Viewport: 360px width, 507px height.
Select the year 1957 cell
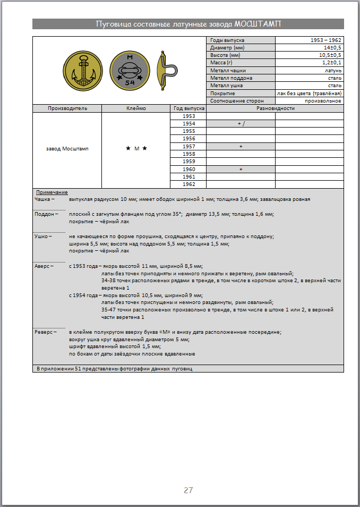(x=188, y=146)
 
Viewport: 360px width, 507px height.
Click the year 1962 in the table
(x=188, y=184)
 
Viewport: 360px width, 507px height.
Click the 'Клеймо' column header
(x=136, y=108)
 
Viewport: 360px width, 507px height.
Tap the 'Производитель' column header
(x=67, y=108)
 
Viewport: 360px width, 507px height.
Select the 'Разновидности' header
(x=275, y=108)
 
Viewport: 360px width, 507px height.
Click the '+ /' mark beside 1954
(x=241, y=123)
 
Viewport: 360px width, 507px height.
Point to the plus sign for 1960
(x=241, y=169)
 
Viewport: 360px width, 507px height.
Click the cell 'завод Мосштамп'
(x=67, y=149)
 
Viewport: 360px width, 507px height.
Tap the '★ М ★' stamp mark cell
(x=136, y=149)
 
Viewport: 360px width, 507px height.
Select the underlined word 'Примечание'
(x=52, y=192)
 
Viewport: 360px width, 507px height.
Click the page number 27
(x=188, y=490)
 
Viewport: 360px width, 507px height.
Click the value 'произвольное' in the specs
(x=323, y=100)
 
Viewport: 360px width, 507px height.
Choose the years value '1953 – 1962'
(x=326, y=40)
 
